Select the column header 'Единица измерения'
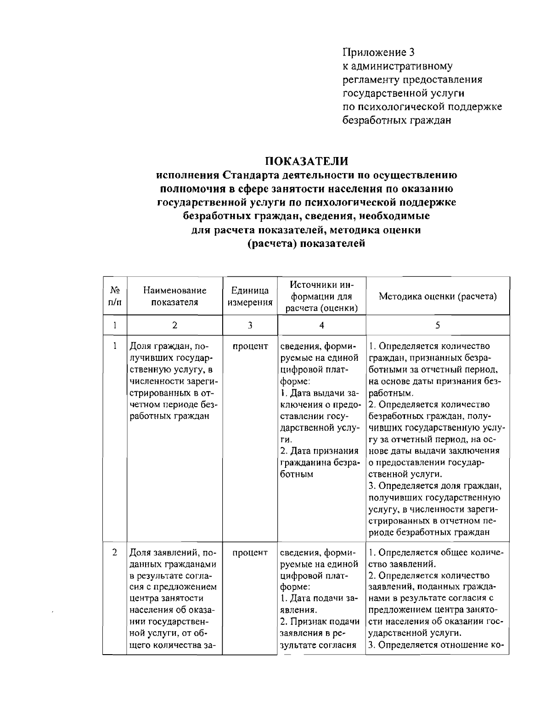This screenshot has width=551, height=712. [x=250, y=296]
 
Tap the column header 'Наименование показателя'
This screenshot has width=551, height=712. [x=174, y=296]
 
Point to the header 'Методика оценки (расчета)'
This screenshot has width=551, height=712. [x=438, y=296]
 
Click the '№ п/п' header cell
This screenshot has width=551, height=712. [x=115, y=296]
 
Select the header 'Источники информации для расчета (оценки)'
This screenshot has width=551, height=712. [x=321, y=296]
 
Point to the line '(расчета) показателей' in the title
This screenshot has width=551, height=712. [x=306, y=243]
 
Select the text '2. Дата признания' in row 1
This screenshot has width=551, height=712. [x=319, y=452]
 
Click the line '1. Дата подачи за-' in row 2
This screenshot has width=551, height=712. [x=318, y=599]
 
